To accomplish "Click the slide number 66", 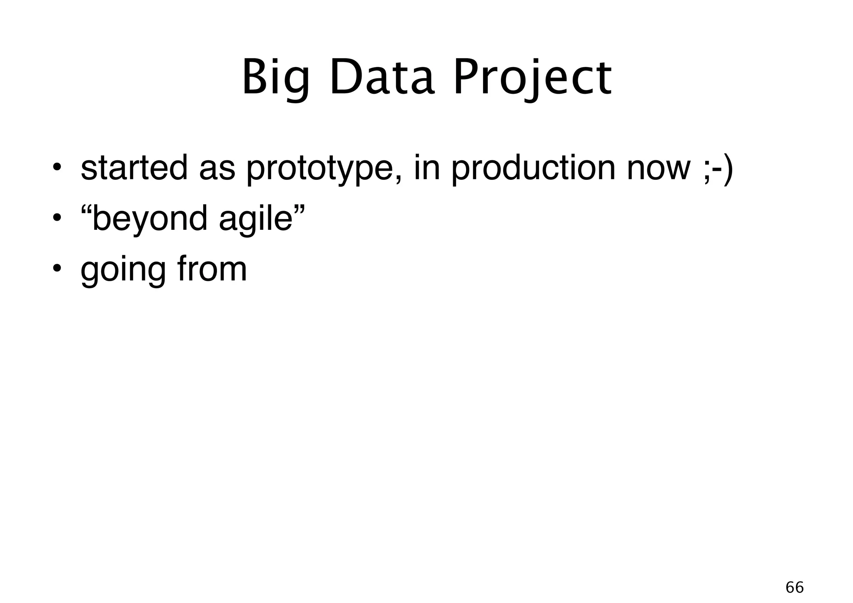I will click(794, 588).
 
